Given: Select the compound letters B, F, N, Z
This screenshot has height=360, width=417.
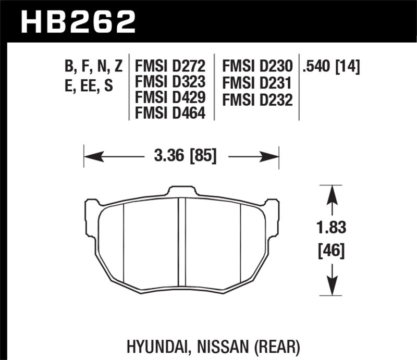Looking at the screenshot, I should tap(93, 66).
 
